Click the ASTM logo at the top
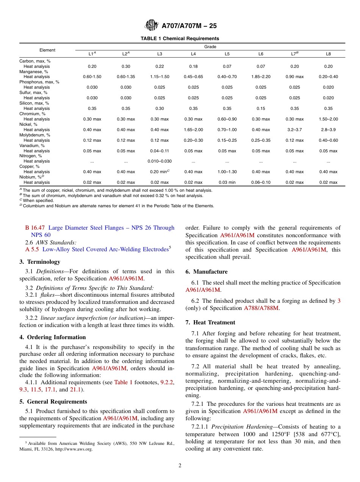tap(152, 26)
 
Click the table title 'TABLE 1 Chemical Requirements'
tap(180, 39)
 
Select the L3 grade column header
tap(160, 54)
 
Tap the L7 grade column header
tap(294, 54)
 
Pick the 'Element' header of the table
tap(47, 50)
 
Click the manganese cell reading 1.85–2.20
tap(261, 77)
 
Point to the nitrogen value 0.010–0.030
tap(160, 161)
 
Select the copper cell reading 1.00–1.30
tap(227, 172)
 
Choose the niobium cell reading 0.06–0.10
tap(261, 182)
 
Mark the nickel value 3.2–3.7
tap(294, 130)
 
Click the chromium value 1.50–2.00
tap(328, 119)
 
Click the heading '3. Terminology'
tap(40, 262)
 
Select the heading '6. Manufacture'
tap(207, 272)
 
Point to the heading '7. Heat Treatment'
tap(210, 322)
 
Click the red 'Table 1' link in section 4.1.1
tap(123, 382)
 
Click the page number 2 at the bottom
tap(180, 466)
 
